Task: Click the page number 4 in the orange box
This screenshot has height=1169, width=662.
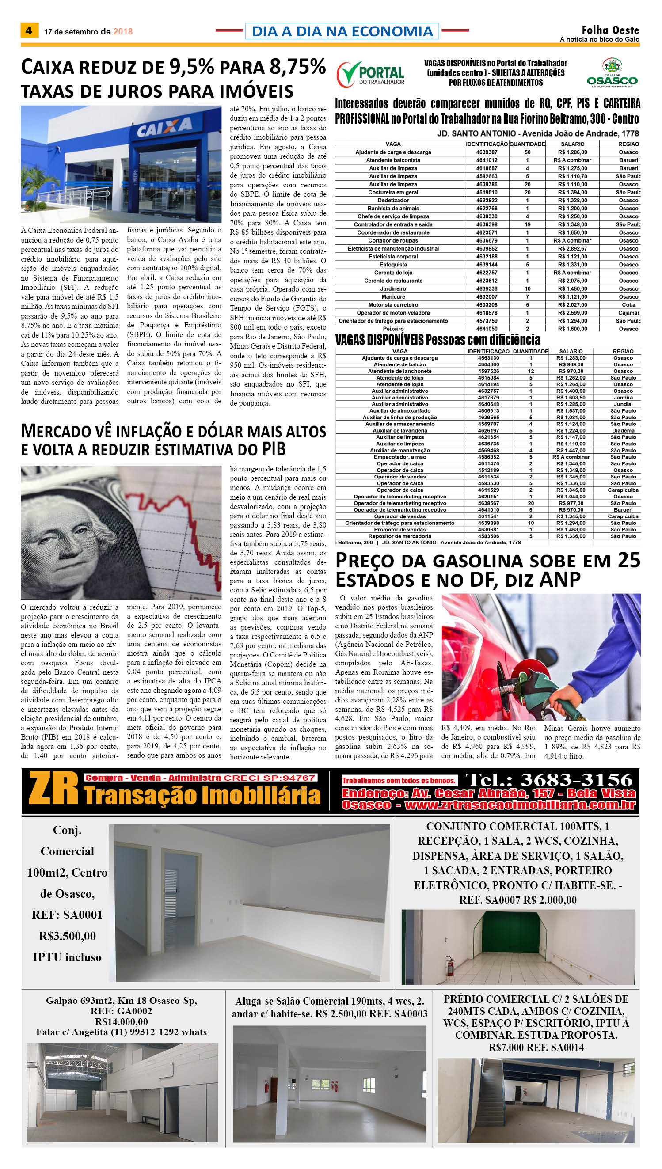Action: pyautogui.click(x=29, y=31)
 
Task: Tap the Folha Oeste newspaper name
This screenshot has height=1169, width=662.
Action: pyautogui.click(x=610, y=30)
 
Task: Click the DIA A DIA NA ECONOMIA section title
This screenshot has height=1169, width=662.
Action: pyautogui.click(x=342, y=31)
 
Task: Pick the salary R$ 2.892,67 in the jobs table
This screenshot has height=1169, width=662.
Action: pyautogui.click(x=572, y=249)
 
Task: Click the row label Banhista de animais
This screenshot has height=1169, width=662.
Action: pyautogui.click(x=393, y=209)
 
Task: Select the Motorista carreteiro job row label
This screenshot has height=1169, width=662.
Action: pyautogui.click(x=393, y=305)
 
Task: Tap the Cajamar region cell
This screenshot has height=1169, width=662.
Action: pyautogui.click(x=628, y=313)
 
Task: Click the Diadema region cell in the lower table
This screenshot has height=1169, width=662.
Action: pyautogui.click(x=623, y=430)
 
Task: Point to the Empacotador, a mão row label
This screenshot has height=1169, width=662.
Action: pyautogui.click(x=399, y=457)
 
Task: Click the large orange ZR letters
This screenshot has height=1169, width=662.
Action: pyautogui.click(x=53, y=790)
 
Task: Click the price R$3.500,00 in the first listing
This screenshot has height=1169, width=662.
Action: pyautogui.click(x=67, y=936)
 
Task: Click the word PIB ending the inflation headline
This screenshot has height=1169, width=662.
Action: pyautogui.click(x=273, y=449)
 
